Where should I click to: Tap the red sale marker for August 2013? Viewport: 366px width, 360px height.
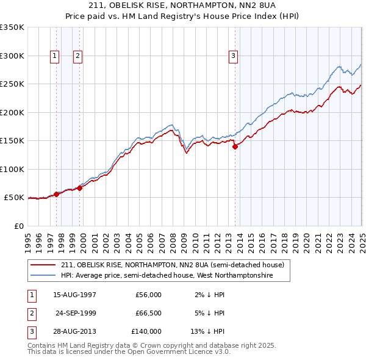[235, 146]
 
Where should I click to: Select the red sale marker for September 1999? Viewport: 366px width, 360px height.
[80, 188]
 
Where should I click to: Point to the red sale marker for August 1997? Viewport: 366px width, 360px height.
[57, 194]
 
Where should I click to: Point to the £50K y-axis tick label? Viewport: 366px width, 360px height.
[14, 198]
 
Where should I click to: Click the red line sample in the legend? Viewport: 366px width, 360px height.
[43, 265]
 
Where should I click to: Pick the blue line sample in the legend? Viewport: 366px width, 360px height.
[43, 276]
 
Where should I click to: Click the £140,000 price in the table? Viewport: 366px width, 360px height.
[146, 331]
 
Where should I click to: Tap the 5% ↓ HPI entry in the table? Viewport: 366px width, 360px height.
[212, 313]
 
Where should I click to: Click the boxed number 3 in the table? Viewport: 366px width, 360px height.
[30, 331]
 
